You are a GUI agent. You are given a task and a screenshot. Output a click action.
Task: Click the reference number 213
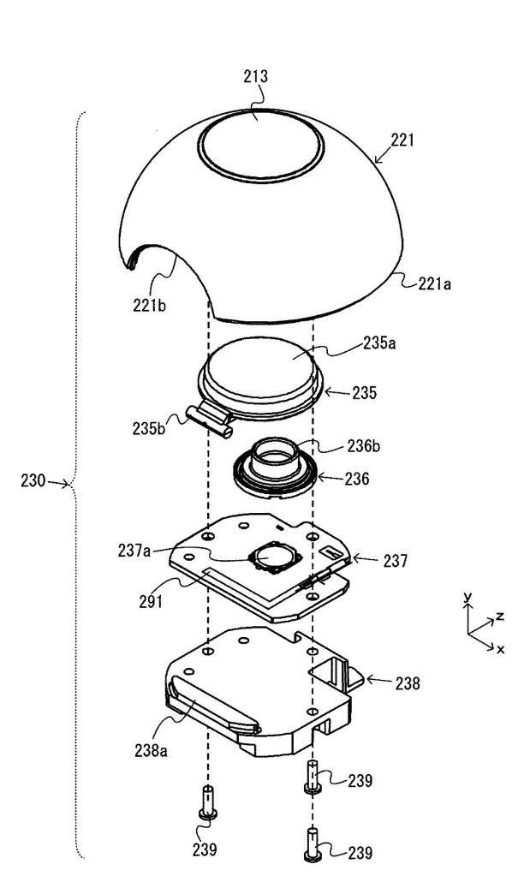click(255, 76)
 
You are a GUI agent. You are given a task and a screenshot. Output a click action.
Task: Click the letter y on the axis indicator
click(468, 598)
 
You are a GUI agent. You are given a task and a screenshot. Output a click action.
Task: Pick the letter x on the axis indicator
click(502, 649)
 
